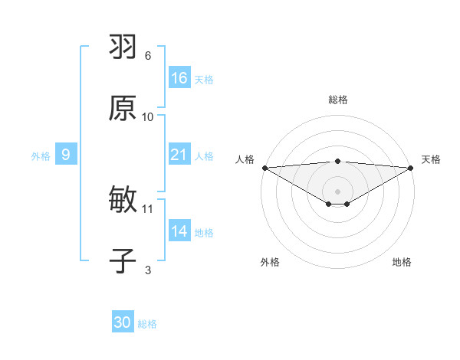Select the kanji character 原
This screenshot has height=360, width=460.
pos(123,108)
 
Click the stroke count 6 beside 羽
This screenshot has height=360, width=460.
pos(148,56)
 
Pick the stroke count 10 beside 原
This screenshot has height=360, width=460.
pos(148,116)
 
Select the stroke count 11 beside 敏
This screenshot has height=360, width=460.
pos(148,208)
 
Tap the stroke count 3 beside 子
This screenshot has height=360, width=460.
pos(148,270)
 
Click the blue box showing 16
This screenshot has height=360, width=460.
pos(179,78)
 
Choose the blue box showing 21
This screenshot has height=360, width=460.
pos(179,155)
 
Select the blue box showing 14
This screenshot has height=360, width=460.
pos(179,231)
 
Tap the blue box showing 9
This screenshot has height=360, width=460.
pos(66,155)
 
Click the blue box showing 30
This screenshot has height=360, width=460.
pos(123,322)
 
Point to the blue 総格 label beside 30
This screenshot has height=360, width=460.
pos(147,324)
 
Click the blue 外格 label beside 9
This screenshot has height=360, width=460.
pos(41,156)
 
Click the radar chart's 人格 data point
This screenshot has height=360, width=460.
pos(264,168)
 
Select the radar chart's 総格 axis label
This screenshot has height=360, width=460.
pos(338,100)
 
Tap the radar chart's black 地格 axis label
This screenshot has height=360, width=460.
pos(402,263)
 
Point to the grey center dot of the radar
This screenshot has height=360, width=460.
pos(338,191)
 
